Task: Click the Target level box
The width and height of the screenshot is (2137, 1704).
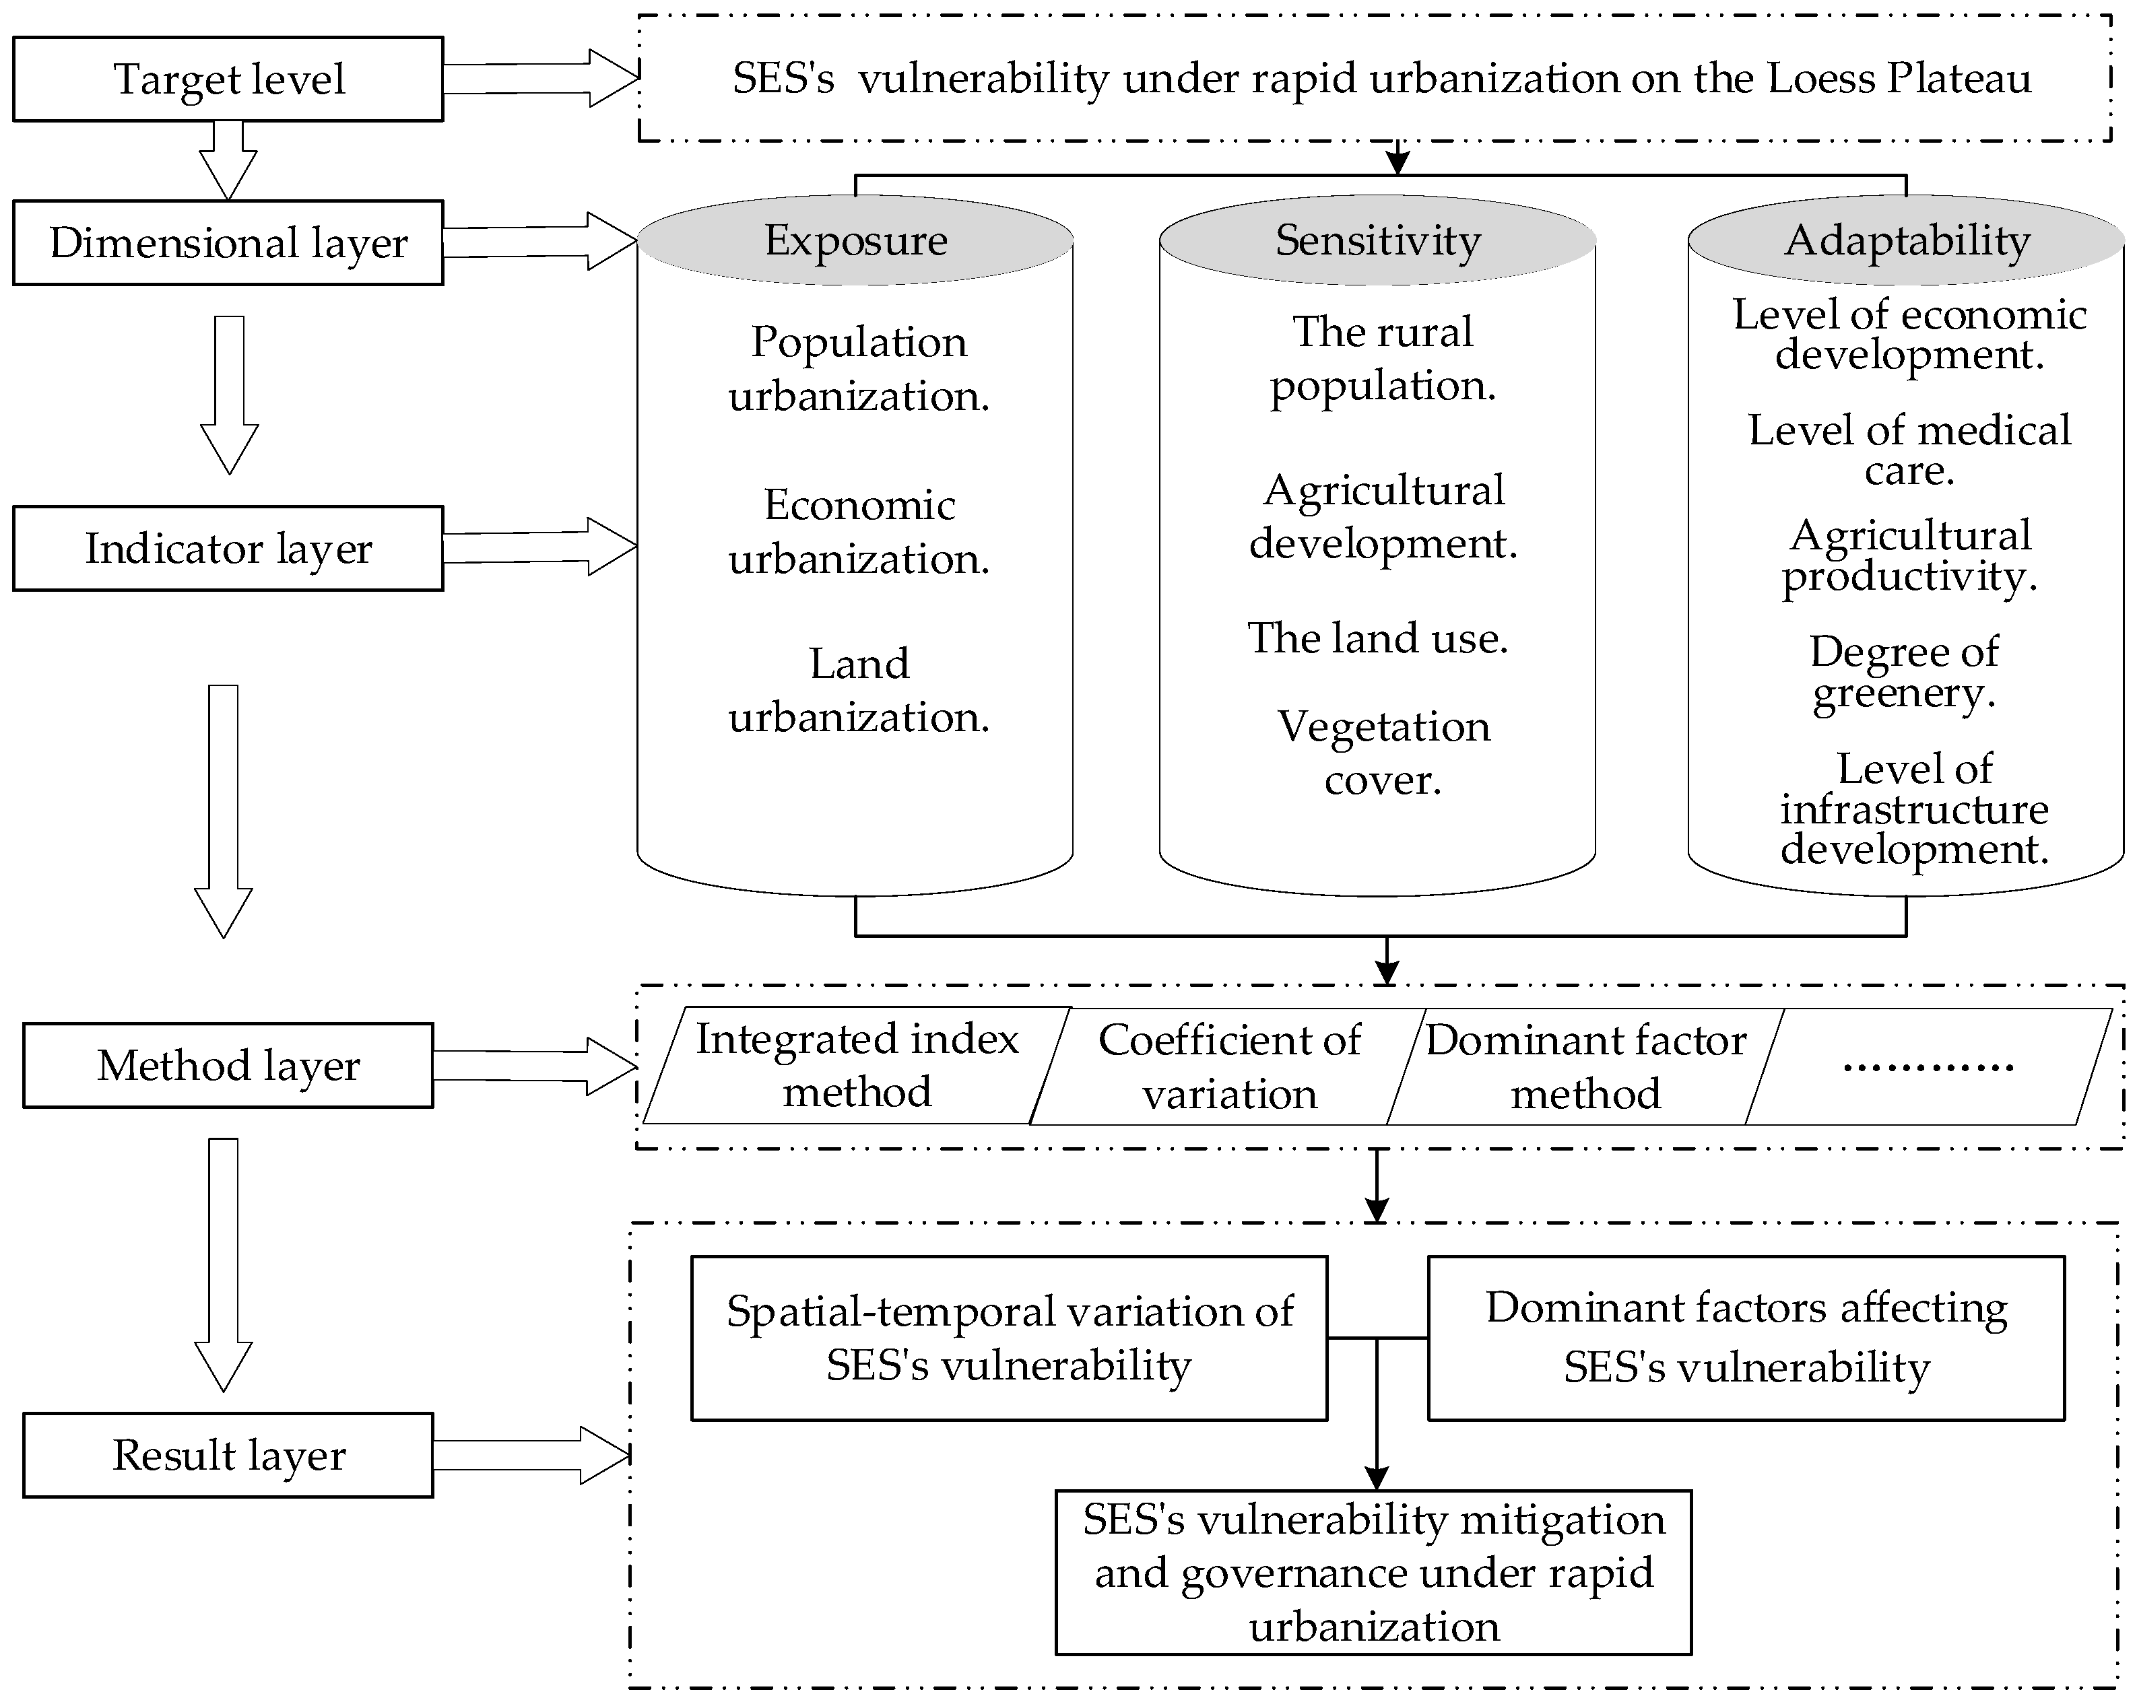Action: pyautogui.click(x=228, y=79)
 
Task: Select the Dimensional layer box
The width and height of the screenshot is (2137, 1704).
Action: pyautogui.click(x=228, y=243)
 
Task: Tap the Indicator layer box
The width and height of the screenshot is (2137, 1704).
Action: pyautogui.click(x=228, y=548)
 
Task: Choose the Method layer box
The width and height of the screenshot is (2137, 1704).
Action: pyautogui.click(x=228, y=1065)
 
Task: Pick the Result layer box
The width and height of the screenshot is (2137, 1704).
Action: pyautogui.click(x=228, y=1454)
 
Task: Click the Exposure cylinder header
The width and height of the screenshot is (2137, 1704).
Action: pyautogui.click(x=855, y=240)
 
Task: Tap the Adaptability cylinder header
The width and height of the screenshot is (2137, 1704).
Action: pyautogui.click(x=1906, y=240)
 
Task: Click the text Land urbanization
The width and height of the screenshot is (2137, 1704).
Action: pyautogui.click(x=858, y=689)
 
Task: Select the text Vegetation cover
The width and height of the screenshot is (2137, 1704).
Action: pyautogui.click(x=1383, y=753)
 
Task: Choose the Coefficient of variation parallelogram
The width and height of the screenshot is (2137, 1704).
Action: pyautogui.click(x=1229, y=1066)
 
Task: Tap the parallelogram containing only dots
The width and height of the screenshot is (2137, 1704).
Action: pyautogui.click(x=1927, y=1066)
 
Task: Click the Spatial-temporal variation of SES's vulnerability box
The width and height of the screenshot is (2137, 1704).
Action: pyautogui.click(x=1009, y=1338)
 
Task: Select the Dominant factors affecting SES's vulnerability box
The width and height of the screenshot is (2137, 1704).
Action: pyautogui.click(x=1746, y=1338)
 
